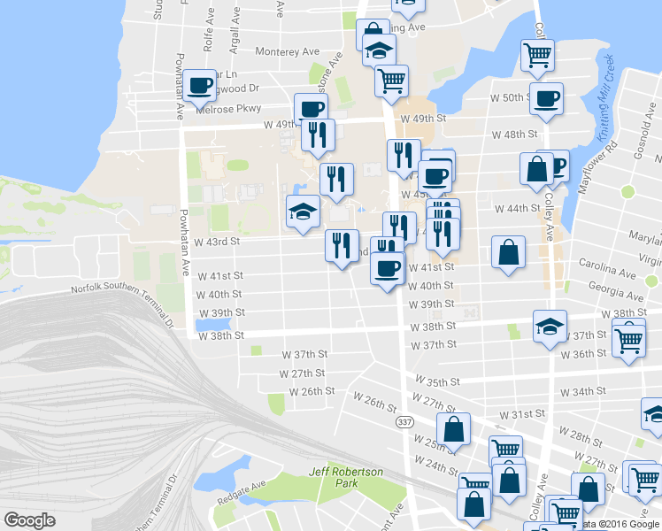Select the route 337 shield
point(404,423)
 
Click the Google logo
point(29,520)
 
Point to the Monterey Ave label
point(287,52)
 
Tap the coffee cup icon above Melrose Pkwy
point(200,85)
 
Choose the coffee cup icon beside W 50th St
point(546,96)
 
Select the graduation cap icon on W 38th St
point(550,327)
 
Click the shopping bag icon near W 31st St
point(453,430)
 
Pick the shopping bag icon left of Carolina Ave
point(508,251)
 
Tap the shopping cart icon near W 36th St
point(627,338)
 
